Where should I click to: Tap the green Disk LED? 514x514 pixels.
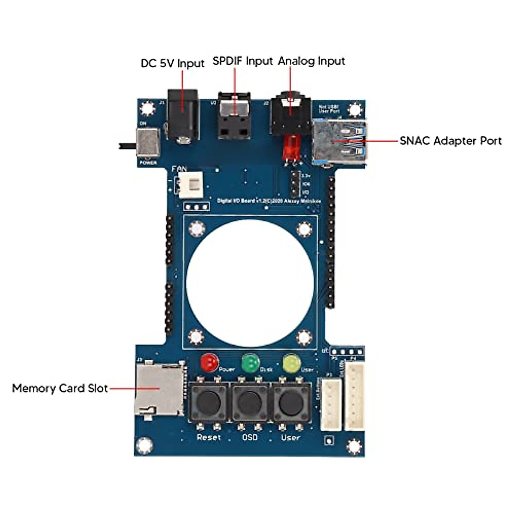pos(251,363)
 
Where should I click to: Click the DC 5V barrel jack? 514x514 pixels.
pos(183,116)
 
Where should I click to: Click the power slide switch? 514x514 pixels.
pos(148,143)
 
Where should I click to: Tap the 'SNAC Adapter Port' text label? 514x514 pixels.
pos(450,141)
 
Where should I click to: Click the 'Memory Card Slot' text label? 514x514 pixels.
pos(60,388)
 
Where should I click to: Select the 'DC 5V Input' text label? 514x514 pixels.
pos(173,63)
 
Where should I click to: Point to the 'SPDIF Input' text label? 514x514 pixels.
pos(242,61)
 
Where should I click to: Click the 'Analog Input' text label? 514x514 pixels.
pos(311,61)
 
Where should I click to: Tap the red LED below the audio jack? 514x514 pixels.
pos(290,146)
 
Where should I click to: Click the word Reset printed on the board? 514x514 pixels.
pos(209,437)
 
